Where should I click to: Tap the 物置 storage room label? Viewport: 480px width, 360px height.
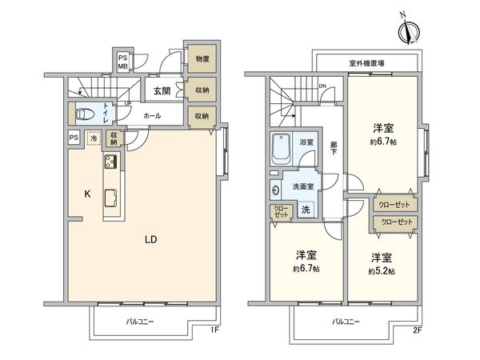click(202, 59)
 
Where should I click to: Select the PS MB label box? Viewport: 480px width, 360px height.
click(123, 62)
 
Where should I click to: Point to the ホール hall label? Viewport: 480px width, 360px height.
click(152, 116)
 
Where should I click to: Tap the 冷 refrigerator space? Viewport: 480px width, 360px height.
click(94, 138)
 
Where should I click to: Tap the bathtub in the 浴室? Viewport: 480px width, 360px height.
click(282, 147)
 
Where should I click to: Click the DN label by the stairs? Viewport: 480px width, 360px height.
click(322, 86)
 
